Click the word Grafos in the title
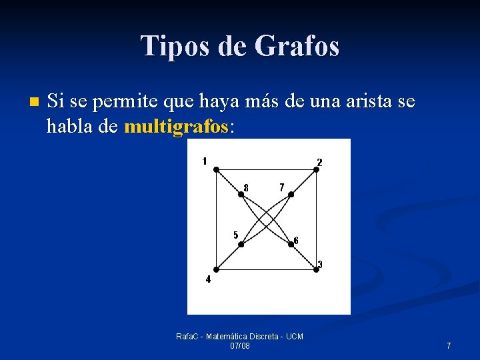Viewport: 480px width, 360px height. [x=297, y=46]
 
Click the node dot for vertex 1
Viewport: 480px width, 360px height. [x=216, y=170]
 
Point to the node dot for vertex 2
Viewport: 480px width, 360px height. [x=316, y=170]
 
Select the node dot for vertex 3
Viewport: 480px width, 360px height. [x=316, y=269]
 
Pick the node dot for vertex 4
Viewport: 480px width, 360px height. [x=216, y=269]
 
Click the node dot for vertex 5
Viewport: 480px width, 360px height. [x=241, y=245]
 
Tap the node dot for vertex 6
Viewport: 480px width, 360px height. [x=291, y=245]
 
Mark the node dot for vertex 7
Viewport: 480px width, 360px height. [x=291, y=195]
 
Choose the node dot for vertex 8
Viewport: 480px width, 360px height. [x=241, y=195]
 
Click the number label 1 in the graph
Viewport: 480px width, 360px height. [x=205, y=160]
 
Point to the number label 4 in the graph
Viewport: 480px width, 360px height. [x=208, y=280]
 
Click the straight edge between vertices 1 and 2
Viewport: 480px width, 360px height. [x=267, y=170]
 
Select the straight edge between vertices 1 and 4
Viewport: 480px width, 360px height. [x=216, y=220]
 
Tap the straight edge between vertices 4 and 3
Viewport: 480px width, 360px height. [x=267, y=269]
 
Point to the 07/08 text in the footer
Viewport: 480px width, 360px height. [x=239, y=346]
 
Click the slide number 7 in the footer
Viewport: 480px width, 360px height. [x=449, y=345]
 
